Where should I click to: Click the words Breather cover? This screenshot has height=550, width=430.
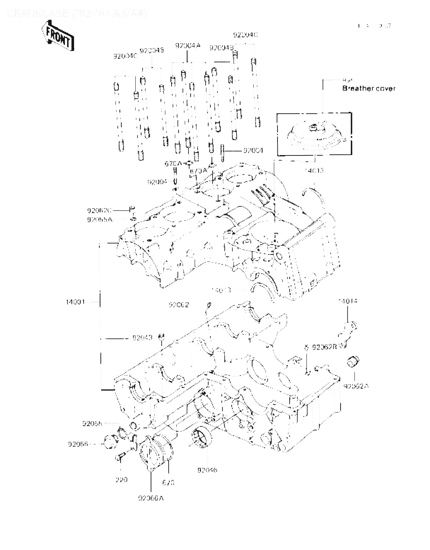369,88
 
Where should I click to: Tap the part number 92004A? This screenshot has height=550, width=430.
188,46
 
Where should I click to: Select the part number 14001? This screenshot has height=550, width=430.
75,302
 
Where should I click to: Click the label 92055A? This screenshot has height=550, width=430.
99,219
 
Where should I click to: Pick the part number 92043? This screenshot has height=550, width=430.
143,337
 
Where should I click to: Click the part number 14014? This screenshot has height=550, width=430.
348,301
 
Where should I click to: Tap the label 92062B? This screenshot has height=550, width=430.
324,346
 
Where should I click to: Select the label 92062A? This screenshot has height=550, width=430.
356,386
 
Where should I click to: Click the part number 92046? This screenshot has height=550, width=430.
207,470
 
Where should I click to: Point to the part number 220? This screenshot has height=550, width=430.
121,479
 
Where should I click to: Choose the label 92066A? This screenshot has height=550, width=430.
151,498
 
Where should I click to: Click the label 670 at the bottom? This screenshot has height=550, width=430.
168,483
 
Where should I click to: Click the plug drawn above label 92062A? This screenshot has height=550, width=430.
353,362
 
